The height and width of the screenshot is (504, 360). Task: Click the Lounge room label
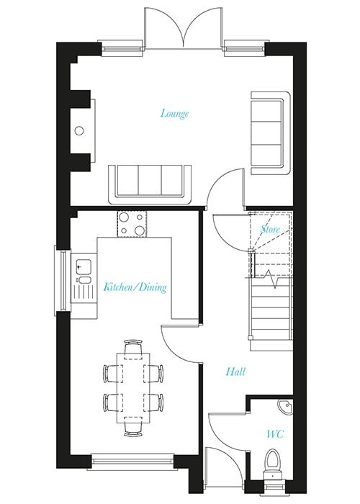[175, 113]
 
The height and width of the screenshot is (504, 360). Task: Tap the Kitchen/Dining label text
[135, 287]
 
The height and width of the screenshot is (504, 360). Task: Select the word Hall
[235, 372]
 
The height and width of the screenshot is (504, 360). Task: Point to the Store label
[270, 230]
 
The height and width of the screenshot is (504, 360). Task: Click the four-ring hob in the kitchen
[130, 223]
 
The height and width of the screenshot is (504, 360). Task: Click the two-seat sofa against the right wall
[267, 127]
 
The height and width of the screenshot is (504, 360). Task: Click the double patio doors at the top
[183, 29]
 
